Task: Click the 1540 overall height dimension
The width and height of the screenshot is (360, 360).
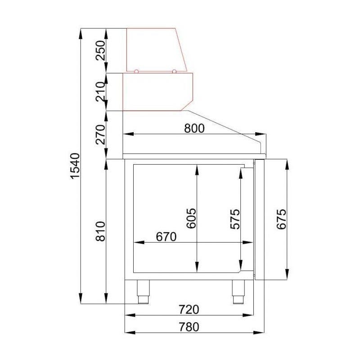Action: point(75,166)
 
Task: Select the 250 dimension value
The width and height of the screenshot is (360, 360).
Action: point(100,50)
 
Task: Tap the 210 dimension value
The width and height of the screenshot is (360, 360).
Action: point(100,92)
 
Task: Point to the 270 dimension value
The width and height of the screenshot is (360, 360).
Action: point(100,135)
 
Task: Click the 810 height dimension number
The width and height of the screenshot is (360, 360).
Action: point(100,231)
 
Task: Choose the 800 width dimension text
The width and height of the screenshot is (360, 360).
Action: point(194,129)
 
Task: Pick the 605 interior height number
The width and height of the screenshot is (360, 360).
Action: point(191,218)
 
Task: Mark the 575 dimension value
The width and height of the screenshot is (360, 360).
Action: point(235,219)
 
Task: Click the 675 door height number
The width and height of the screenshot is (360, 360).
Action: point(282,219)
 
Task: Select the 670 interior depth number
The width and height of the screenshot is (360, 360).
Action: point(166,237)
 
